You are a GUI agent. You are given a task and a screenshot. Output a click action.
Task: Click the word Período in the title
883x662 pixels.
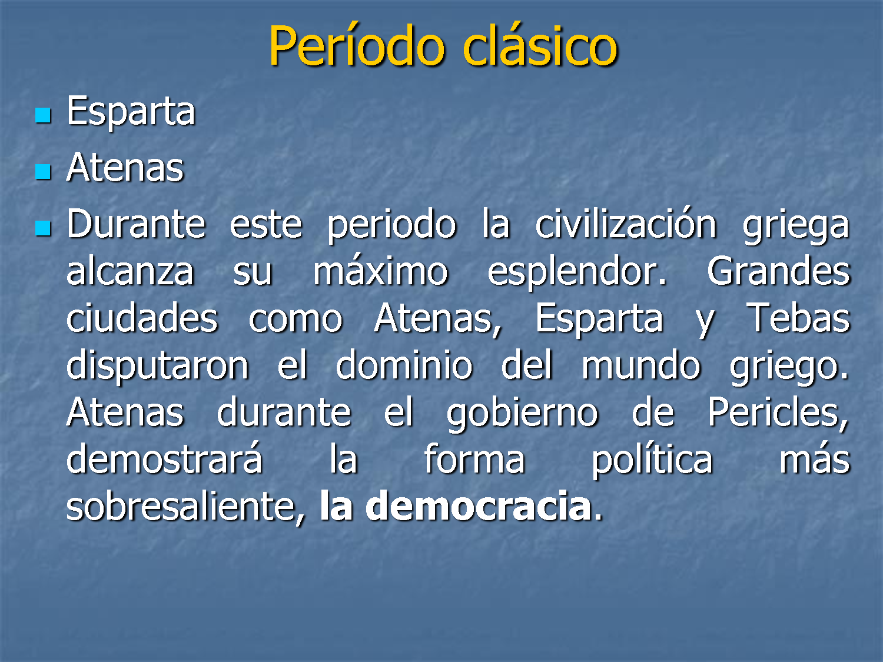click(357, 45)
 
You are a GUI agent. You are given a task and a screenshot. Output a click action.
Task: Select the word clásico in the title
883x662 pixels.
click(540, 45)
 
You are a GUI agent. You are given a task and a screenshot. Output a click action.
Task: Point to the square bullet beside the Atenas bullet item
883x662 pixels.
click(43, 172)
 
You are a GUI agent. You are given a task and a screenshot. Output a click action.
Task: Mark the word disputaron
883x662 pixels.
click(158, 366)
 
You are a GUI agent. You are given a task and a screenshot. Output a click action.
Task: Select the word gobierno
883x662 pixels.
click(523, 413)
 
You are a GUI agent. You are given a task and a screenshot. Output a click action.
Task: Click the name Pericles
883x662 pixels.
click(778, 413)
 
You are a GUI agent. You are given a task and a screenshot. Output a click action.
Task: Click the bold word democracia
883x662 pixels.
click(479, 505)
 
